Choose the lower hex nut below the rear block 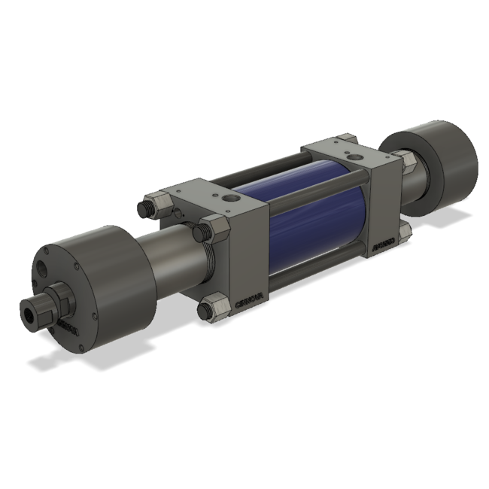405,229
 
